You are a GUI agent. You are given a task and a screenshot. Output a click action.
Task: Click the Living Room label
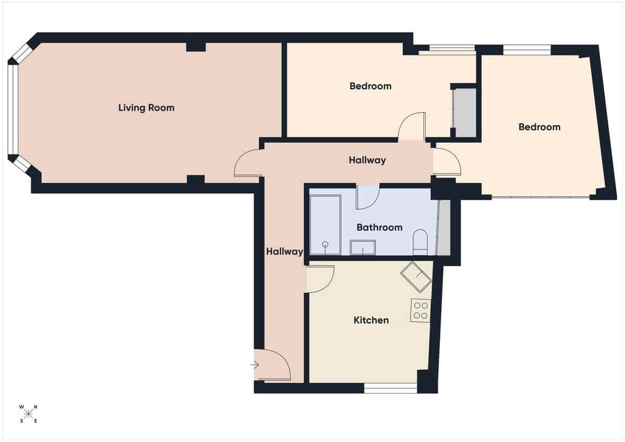pyautogui.click(x=146, y=108)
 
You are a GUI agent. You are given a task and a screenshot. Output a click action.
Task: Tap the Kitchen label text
pyautogui.click(x=371, y=320)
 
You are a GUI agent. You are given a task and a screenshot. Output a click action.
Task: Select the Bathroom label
pyautogui.click(x=379, y=228)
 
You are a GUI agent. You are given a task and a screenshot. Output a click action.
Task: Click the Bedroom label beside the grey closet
pyautogui.click(x=370, y=86)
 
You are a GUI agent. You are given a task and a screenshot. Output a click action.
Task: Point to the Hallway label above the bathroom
pyautogui.click(x=367, y=160)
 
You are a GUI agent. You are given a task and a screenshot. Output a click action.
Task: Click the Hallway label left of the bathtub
pyautogui.click(x=284, y=252)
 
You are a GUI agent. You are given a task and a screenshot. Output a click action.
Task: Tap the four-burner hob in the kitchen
pyautogui.click(x=420, y=310)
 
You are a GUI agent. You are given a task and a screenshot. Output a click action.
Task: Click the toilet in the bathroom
pyautogui.click(x=420, y=244)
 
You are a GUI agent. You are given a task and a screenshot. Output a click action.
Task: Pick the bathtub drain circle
pyautogui.click(x=326, y=244)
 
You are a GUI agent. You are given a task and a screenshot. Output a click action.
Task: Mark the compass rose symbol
pyautogui.click(x=29, y=414)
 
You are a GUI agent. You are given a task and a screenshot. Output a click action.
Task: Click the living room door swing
pyautogui.click(x=247, y=163)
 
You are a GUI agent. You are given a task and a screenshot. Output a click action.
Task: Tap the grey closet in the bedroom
pyautogui.click(x=464, y=113)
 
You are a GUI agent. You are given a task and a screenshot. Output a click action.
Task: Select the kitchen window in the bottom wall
pyautogui.click(x=390, y=388)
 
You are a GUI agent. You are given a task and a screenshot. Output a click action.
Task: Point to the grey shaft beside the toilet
pyautogui.click(x=443, y=229)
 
